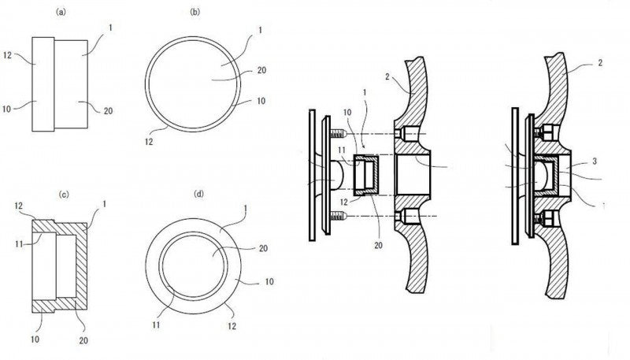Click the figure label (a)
61,12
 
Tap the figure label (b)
195,12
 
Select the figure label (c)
64,195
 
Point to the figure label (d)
199,194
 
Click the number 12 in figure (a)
8,55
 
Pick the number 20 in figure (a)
108,111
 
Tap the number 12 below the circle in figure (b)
149,142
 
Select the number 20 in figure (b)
261,70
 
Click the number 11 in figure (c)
19,243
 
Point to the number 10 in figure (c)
35,340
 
